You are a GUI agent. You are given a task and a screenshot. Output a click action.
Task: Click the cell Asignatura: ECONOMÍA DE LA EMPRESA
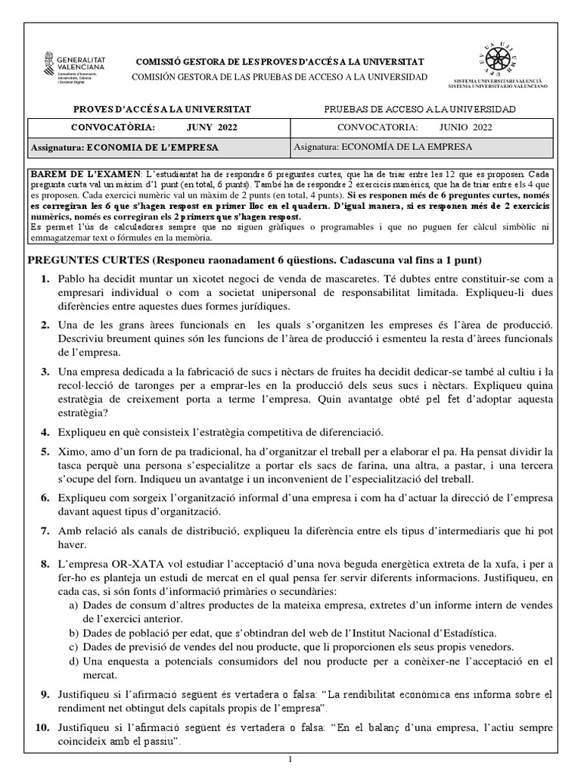[x=407, y=146]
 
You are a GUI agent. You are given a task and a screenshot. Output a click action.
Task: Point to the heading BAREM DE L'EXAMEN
[x=83, y=175]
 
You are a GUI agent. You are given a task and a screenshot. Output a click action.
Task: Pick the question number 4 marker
[x=45, y=431]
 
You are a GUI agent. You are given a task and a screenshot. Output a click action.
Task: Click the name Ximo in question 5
[x=73, y=451]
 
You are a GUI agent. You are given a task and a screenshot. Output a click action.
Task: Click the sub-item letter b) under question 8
[x=73, y=632]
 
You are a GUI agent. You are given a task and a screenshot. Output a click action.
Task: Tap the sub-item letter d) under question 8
[x=73, y=661]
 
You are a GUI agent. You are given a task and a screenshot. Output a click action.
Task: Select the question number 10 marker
[x=44, y=727]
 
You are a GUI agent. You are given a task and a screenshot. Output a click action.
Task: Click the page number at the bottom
[x=290, y=758]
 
